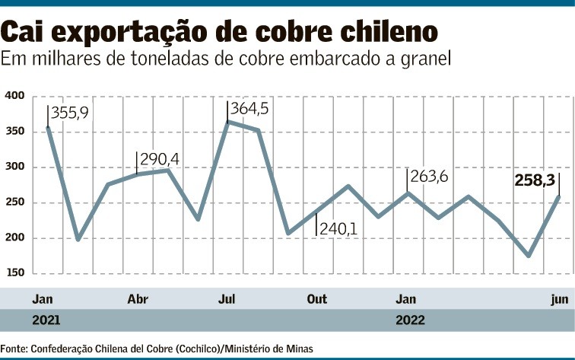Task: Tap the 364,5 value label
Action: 250,109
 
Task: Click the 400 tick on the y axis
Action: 15,96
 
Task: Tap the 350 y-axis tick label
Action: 15,132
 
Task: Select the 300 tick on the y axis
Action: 15,167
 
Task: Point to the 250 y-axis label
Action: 15,202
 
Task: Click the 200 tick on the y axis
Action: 15,237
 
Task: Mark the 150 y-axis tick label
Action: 15,272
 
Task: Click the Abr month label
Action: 138,299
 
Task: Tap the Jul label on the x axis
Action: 227,299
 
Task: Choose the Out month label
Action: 317,299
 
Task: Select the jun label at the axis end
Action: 559,299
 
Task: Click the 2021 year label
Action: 46,320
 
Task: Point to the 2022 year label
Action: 410,320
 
